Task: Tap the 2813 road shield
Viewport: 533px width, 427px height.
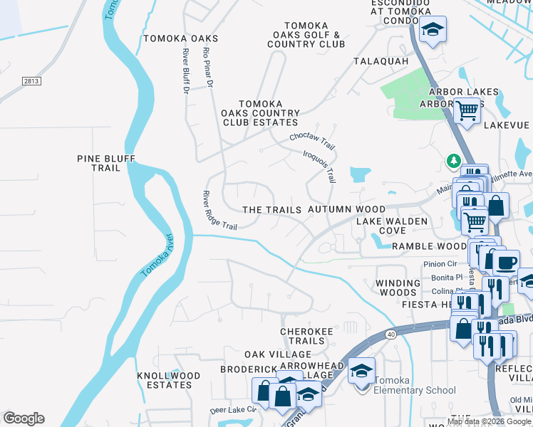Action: [30, 81]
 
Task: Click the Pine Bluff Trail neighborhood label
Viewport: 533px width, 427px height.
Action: [105, 163]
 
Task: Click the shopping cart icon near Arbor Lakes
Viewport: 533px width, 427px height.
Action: [467, 112]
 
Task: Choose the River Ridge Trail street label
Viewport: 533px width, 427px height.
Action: [219, 211]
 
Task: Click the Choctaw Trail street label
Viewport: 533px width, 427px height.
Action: [312, 139]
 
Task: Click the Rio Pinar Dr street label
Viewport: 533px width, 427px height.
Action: [208, 68]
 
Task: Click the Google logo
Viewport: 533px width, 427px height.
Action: [24, 418]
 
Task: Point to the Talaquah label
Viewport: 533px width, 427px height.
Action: [381, 61]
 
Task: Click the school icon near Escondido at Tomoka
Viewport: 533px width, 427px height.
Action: [432, 30]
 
